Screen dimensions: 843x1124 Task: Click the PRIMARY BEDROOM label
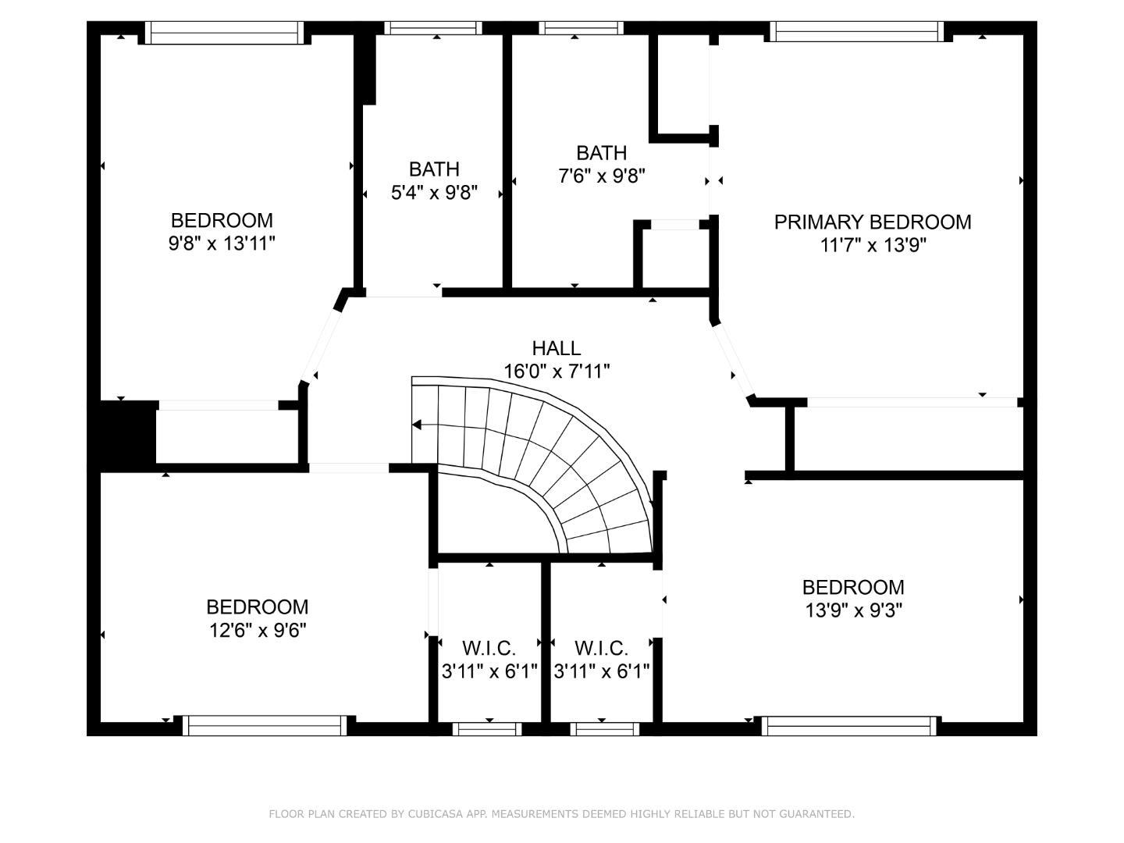872,222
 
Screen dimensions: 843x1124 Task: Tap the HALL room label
556,348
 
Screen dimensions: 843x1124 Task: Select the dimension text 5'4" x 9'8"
434,192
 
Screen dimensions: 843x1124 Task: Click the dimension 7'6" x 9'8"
601,176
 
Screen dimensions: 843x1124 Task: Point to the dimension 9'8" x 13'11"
222,244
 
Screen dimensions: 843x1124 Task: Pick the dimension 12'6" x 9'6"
257,630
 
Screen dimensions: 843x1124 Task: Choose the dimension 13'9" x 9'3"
853,610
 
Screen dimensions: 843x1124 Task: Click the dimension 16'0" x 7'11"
556,371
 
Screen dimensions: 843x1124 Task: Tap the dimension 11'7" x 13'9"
873,245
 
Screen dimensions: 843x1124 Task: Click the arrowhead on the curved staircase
417,425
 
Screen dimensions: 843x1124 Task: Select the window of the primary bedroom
856,31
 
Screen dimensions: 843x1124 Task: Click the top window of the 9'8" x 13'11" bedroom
224,32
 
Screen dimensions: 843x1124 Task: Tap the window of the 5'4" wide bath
433,28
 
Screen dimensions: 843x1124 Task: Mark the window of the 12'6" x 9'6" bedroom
265,726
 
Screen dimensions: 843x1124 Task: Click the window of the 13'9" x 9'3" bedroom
849,726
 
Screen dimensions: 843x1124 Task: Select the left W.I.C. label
489,648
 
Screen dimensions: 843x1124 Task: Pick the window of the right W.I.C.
604,729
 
